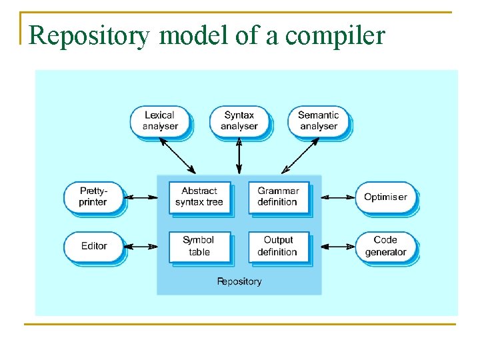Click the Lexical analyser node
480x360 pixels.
click(x=160, y=121)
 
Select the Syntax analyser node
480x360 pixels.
click(x=239, y=121)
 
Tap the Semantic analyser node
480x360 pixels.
click(x=318, y=121)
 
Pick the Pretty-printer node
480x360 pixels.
click(x=93, y=197)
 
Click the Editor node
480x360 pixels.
click(x=94, y=246)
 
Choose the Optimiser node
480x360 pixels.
click(x=385, y=197)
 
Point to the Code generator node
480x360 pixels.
click(x=385, y=246)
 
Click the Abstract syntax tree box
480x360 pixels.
click(x=199, y=197)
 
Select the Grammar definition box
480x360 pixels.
click(x=278, y=197)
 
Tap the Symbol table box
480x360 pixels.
click(x=199, y=246)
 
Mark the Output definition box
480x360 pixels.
click(x=278, y=246)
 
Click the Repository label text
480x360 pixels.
click(x=239, y=281)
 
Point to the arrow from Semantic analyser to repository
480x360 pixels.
click(x=300, y=155)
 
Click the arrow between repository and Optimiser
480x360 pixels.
click(x=338, y=197)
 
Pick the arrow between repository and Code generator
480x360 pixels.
click(x=338, y=247)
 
